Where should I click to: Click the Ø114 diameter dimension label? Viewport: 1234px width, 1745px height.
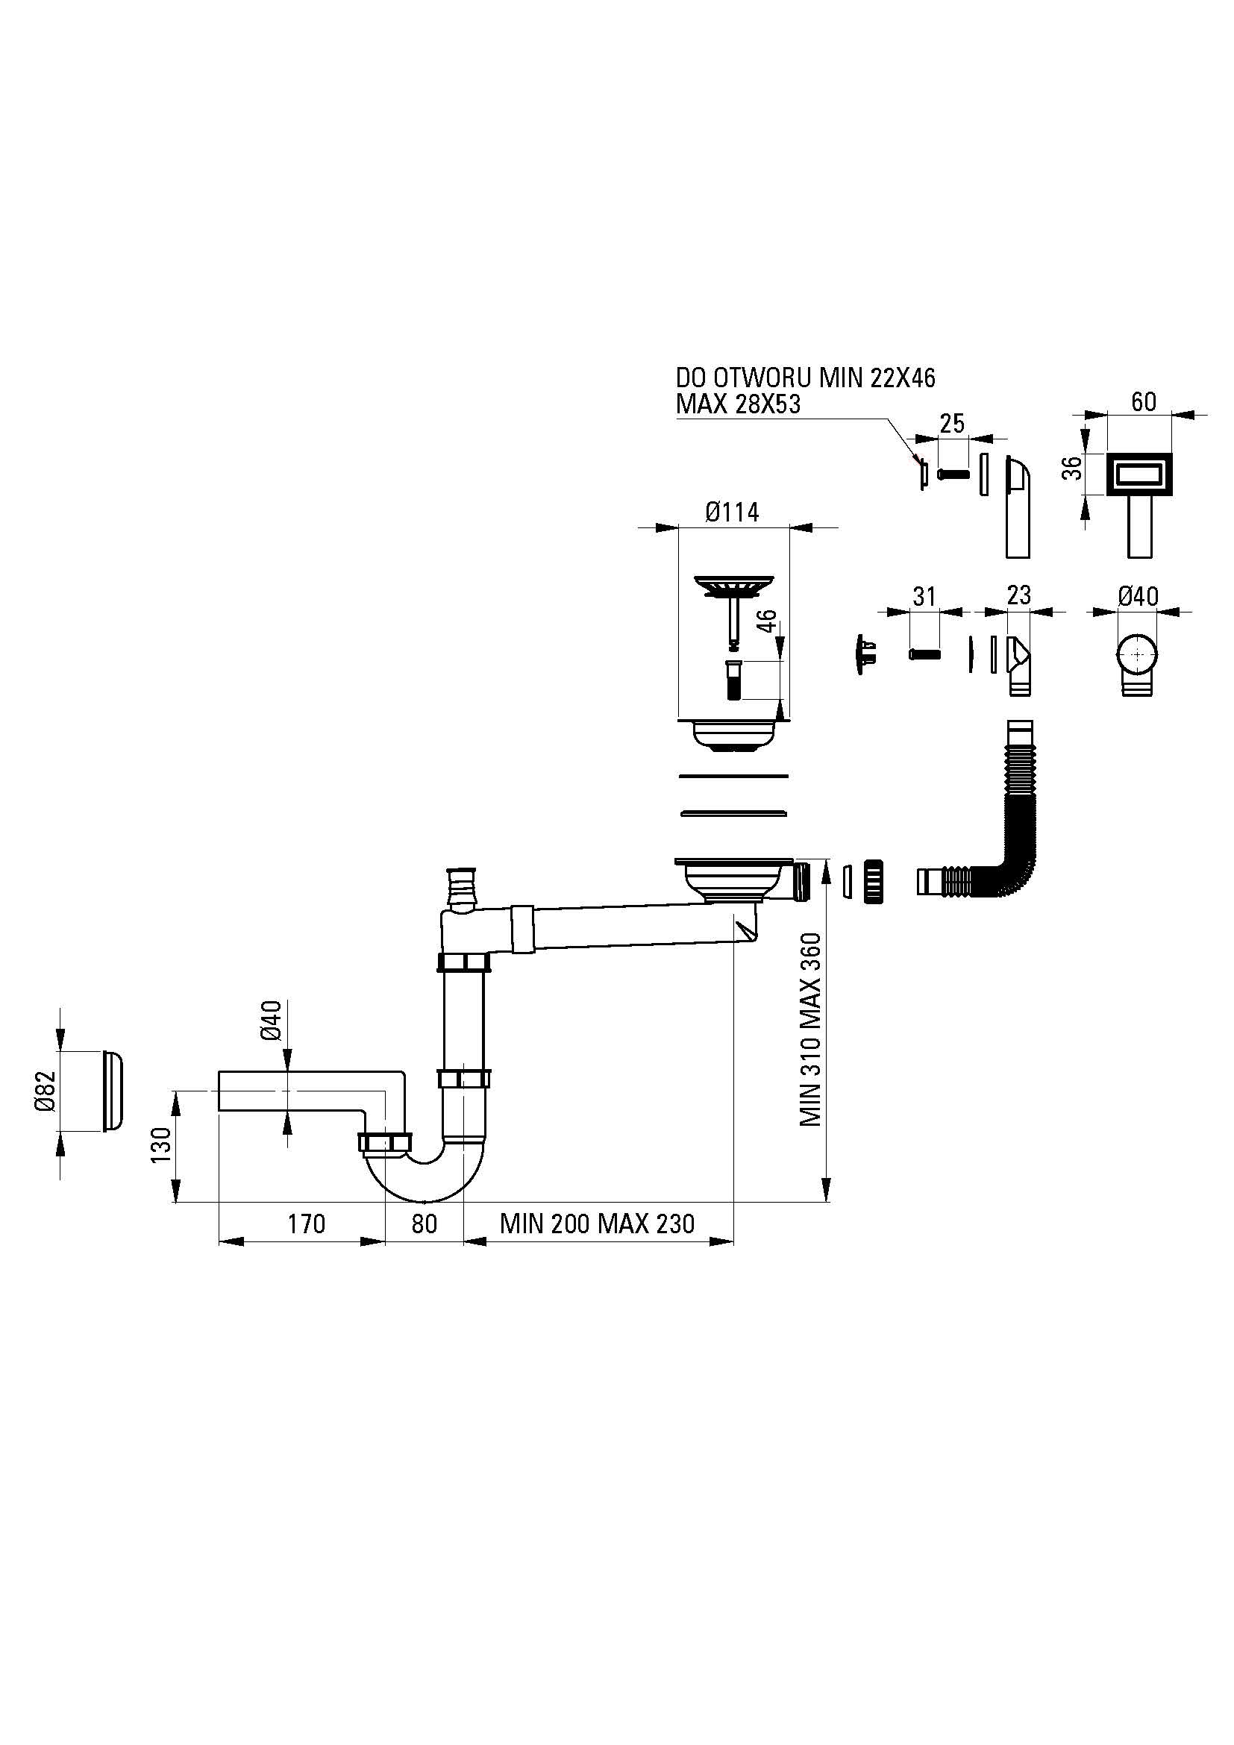point(732,513)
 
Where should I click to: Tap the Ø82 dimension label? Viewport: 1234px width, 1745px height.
point(46,1091)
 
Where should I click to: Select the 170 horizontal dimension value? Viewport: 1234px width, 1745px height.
point(306,1224)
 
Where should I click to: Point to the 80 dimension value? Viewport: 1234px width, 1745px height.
point(424,1224)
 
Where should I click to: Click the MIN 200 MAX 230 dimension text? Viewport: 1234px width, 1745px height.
point(598,1224)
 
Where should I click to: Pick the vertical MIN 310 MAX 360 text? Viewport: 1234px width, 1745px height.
point(811,1029)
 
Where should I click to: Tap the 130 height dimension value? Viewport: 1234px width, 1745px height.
point(161,1144)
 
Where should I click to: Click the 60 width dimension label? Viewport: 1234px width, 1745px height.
point(1144,401)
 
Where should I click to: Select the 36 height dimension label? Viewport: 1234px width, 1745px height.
point(1071,468)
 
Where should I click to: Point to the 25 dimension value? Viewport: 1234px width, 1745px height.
point(952,423)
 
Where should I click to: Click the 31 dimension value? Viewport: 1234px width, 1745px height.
point(924,597)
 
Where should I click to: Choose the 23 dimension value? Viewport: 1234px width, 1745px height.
point(1018,595)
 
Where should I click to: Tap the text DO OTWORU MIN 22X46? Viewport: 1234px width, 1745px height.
point(806,377)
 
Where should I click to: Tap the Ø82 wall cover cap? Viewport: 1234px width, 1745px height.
point(112,1091)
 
